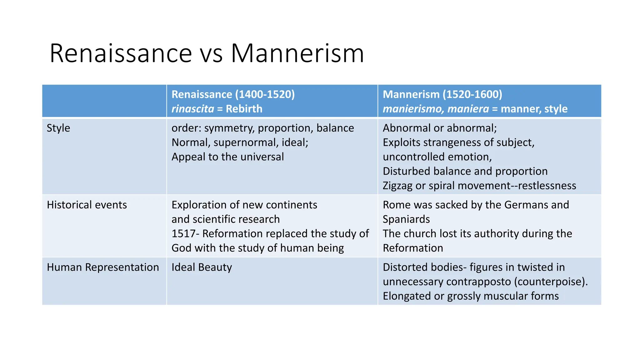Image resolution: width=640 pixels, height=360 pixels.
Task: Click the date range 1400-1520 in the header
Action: click(265, 94)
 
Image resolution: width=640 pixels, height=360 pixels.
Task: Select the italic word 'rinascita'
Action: click(193, 109)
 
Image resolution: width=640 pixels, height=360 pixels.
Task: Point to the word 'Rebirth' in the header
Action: click(244, 109)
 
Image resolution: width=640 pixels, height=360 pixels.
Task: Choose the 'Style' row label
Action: click(58, 128)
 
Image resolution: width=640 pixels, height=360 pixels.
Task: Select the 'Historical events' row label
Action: click(87, 205)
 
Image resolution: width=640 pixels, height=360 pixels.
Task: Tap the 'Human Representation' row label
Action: click(103, 267)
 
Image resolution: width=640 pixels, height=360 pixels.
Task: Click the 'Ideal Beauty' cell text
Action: click(202, 267)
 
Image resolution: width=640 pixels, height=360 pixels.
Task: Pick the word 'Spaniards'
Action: click(406, 219)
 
